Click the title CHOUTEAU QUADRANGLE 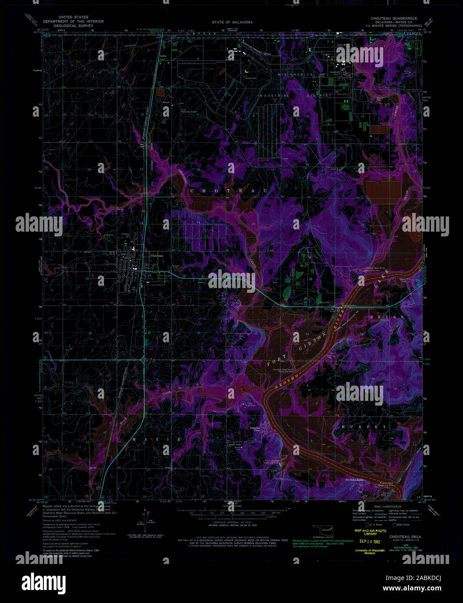click(x=394, y=18)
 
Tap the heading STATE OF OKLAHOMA click(x=232, y=22)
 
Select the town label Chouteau click(x=157, y=256)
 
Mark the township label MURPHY click(x=364, y=427)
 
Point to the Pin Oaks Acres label click(x=354, y=479)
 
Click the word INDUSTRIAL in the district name click(x=273, y=95)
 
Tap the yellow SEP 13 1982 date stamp click(x=370, y=541)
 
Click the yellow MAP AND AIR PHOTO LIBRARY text click(x=370, y=532)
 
